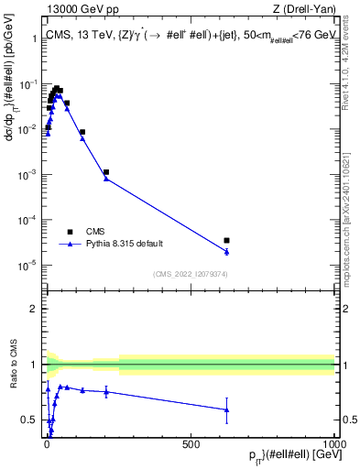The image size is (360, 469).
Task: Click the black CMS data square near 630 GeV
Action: (226, 240)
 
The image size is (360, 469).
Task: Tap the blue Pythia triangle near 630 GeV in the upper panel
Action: (226, 251)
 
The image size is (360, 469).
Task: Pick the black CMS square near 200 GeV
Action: (106, 172)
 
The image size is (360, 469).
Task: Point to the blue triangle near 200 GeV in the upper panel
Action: (106, 179)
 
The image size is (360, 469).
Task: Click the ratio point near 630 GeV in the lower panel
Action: (226, 409)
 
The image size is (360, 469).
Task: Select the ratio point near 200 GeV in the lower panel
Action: (106, 392)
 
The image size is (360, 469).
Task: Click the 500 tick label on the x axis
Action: (191, 443)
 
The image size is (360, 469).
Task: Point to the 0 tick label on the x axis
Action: (48, 443)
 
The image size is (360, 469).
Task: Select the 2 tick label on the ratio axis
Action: (35, 309)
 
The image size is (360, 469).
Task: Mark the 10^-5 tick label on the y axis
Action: (27, 266)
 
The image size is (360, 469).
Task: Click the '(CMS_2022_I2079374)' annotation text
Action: (191, 272)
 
